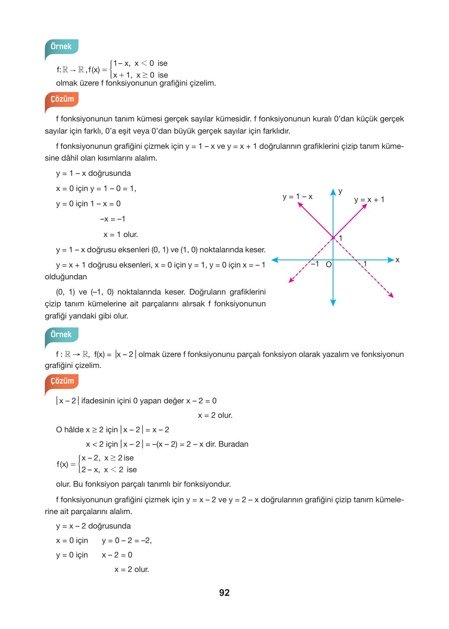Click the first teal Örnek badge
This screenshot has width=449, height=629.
pyautogui.click(x=61, y=46)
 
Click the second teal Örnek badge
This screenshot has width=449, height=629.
pyautogui.click(x=61, y=334)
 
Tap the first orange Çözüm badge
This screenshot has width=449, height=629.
pyautogui.click(x=62, y=99)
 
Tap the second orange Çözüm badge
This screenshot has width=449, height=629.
pyautogui.click(x=62, y=381)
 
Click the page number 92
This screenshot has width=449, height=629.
pyautogui.click(x=224, y=592)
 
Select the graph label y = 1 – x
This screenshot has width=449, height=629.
pyautogui.click(x=297, y=197)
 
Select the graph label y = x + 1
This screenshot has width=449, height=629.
pyautogui.click(x=369, y=200)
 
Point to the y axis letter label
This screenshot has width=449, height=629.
pyautogui.click(x=340, y=191)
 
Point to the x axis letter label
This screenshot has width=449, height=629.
pyautogui.click(x=397, y=260)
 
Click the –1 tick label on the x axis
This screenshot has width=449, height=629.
pyautogui.click(x=315, y=264)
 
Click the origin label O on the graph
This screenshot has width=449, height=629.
pyautogui.click(x=329, y=264)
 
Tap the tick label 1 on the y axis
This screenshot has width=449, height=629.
pyautogui.click(x=341, y=238)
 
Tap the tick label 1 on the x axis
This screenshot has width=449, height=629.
pyautogui.click(x=365, y=264)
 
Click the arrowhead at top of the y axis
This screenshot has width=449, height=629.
pyautogui.click(x=333, y=191)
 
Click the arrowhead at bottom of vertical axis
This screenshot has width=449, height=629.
pyautogui.click(x=333, y=303)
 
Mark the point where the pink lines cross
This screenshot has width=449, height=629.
pyautogui.click(x=333, y=238)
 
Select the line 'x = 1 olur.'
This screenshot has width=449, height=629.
pyautogui.click(x=121, y=235)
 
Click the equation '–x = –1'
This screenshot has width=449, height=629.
pyautogui.click(x=113, y=219)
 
